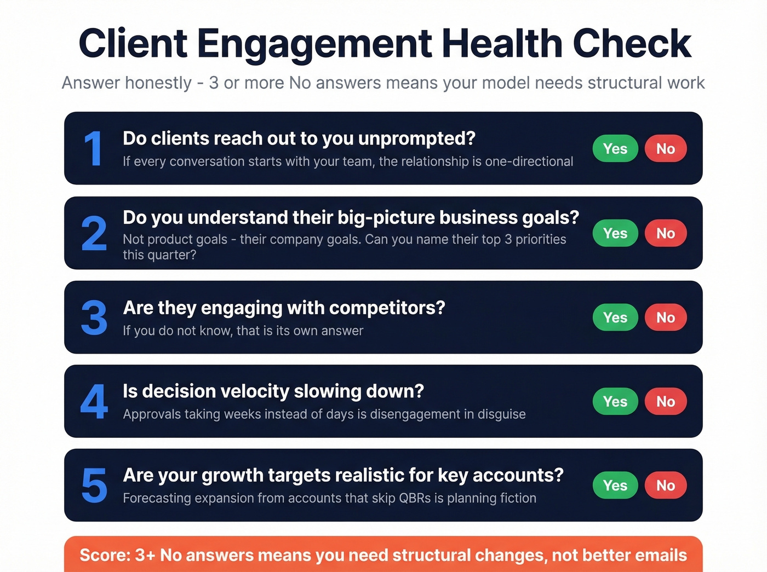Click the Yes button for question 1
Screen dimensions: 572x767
(615, 148)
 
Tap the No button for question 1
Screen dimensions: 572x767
(665, 148)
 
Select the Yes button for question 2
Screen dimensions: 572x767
(615, 233)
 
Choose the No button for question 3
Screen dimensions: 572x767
(665, 317)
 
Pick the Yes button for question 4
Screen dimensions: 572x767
(615, 401)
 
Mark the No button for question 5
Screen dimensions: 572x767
(665, 485)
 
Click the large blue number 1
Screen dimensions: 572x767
(93, 149)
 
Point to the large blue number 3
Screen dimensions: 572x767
(94, 317)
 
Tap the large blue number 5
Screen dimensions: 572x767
(94, 486)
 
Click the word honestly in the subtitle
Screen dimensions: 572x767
(158, 83)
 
